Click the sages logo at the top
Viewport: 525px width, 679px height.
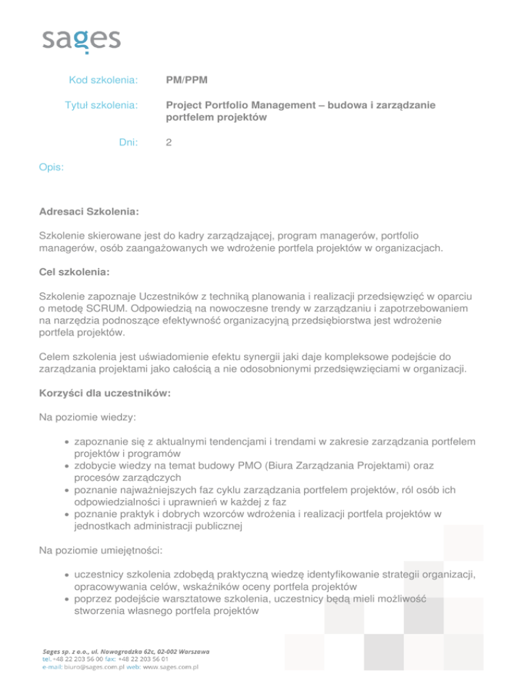(x=81, y=40)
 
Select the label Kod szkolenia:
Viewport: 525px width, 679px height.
(x=104, y=81)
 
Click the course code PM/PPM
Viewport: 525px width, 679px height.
(x=187, y=81)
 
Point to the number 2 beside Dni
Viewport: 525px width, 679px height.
(x=170, y=143)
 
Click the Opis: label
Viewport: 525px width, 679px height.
(x=52, y=165)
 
